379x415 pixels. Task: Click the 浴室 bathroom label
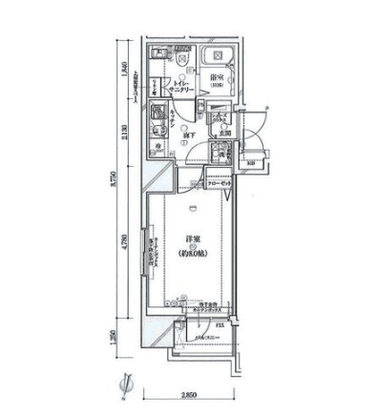point(220,79)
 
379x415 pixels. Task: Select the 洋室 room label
point(190,241)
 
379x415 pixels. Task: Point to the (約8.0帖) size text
point(190,253)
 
